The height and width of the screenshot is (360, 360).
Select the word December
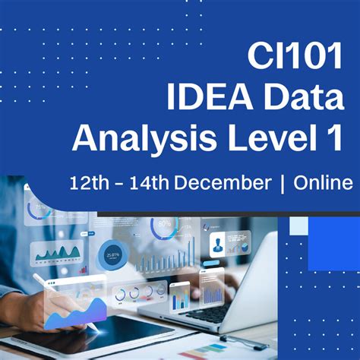coord(225,183)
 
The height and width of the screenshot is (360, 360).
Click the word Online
coord(324,183)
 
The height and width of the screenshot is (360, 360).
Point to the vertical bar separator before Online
coord(283,183)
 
